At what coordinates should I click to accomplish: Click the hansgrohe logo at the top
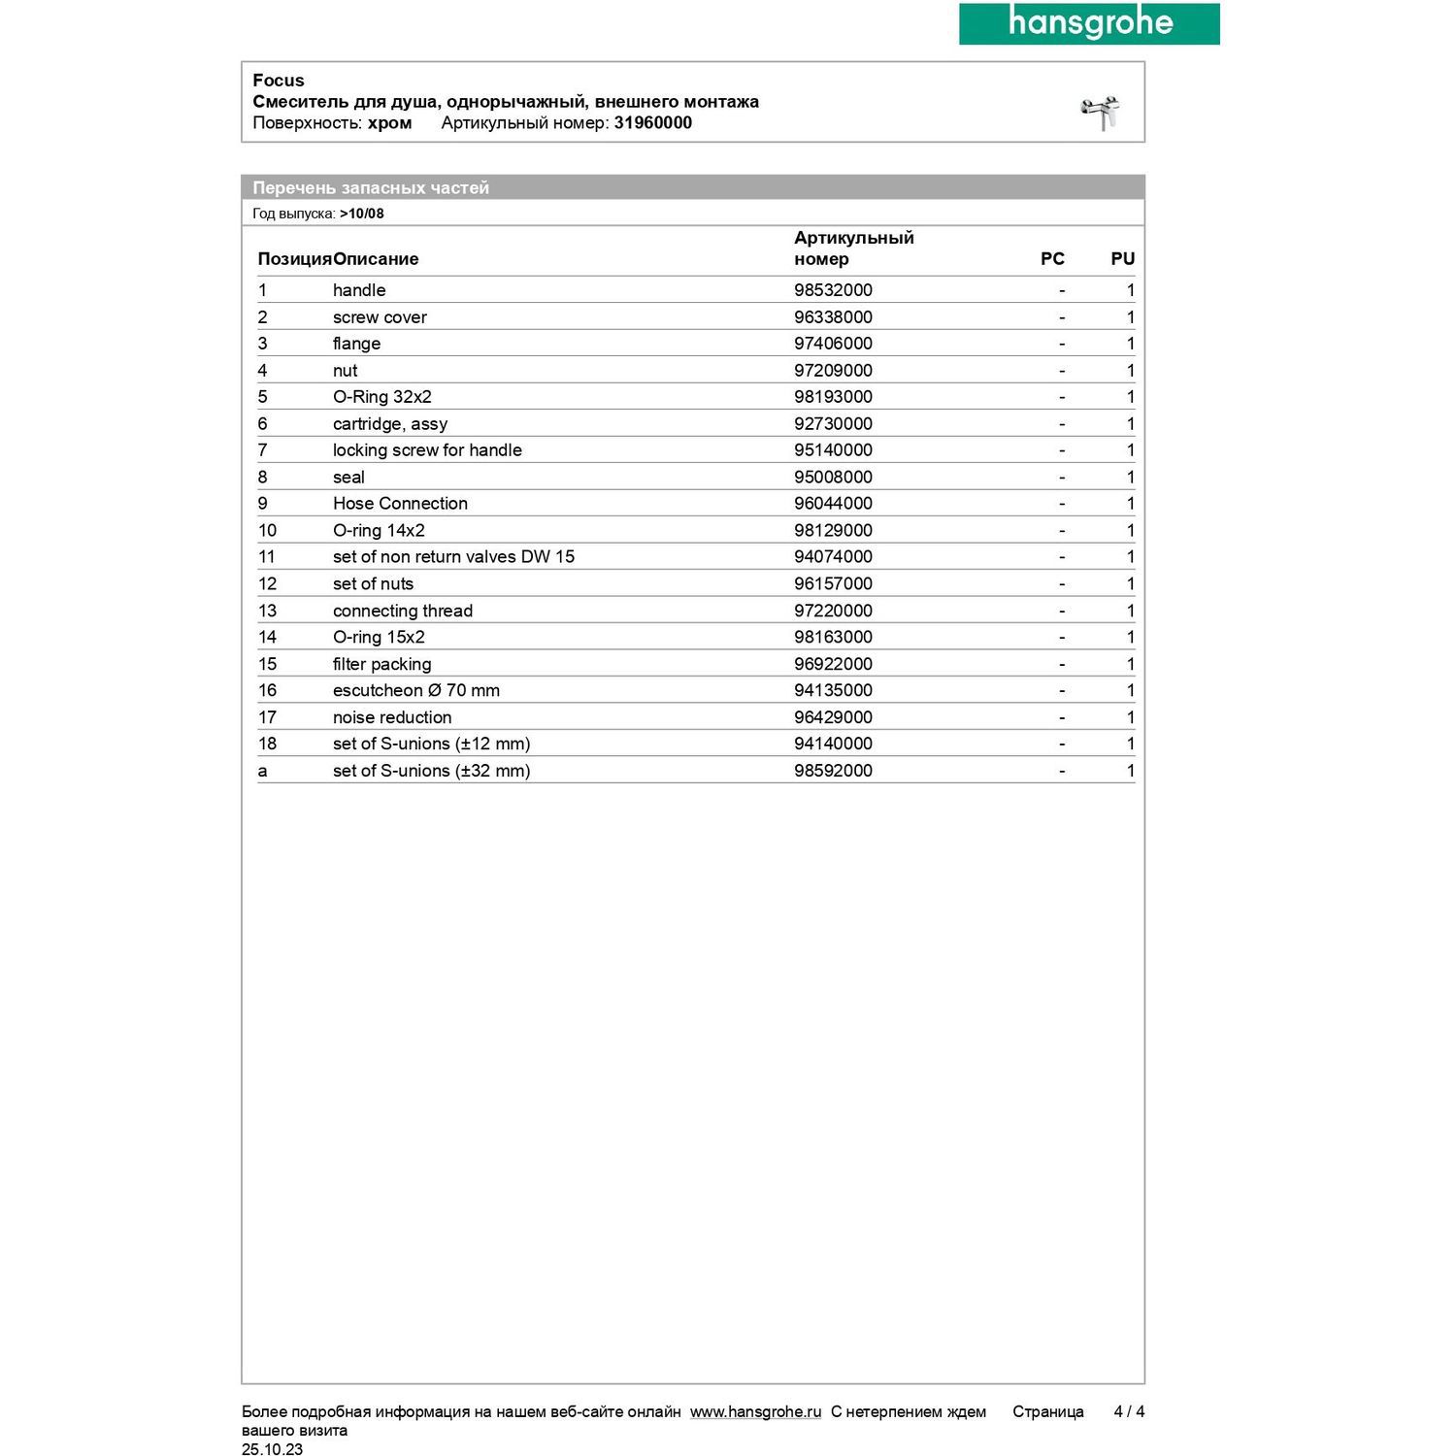coord(1089,23)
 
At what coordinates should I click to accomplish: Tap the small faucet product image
coord(1101,113)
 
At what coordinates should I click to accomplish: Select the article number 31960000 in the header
coord(652,123)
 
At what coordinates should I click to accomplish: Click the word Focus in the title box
coord(279,81)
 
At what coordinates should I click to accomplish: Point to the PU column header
coord(1122,259)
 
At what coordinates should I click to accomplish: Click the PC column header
coord(1052,259)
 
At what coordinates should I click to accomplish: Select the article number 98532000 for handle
coord(833,290)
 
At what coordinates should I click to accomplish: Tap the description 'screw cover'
coord(380,317)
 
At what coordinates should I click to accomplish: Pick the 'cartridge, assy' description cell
coord(390,424)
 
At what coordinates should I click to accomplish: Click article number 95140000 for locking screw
coord(833,450)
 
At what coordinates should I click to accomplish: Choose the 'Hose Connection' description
coord(400,504)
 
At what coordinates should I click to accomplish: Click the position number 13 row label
coord(267,611)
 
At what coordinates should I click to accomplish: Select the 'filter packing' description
coord(381,664)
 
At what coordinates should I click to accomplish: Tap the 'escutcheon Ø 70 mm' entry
coord(415,690)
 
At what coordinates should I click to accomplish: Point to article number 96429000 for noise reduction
coord(833,717)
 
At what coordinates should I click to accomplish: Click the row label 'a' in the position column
coord(262,771)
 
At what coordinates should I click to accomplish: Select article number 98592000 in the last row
coord(833,771)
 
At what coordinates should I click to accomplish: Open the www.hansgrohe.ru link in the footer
coord(755,1411)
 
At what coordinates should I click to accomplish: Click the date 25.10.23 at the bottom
coord(272,1449)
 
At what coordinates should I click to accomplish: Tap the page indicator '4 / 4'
coord(1129,1411)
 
